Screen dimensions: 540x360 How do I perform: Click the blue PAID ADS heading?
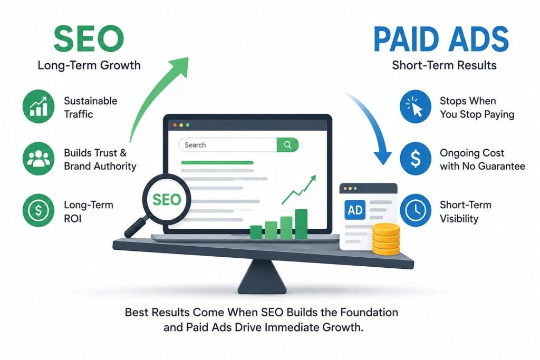pos(441,39)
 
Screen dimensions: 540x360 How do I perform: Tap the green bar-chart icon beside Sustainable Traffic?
pos(38,106)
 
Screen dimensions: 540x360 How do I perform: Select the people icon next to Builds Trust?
pos(38,158)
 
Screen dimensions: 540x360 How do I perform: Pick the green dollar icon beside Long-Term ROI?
pos(38,210)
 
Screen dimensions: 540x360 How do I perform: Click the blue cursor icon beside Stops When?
pos(416,106)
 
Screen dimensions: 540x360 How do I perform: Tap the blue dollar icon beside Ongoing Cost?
pos(416,159)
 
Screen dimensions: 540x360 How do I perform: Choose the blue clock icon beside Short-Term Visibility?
pos(416,210)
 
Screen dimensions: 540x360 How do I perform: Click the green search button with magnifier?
pos(287,145)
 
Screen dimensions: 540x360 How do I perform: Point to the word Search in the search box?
pos(195,145)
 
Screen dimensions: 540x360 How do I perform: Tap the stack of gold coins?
pos(386,239)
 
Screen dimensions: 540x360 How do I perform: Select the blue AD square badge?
pos(355,210)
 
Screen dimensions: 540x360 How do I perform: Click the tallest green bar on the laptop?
pos(301,223)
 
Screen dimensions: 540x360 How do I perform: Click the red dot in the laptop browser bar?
pos(175,125)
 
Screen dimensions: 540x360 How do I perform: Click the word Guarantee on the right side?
pos(502,166)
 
